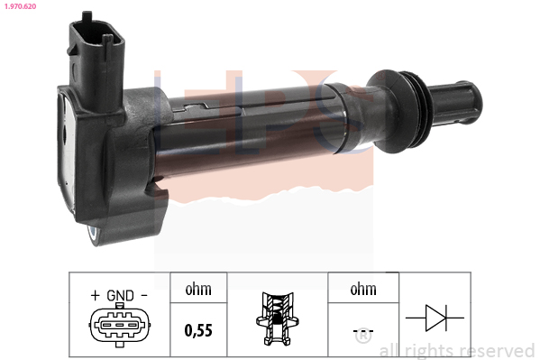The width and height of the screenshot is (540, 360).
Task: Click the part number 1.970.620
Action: point(21,6)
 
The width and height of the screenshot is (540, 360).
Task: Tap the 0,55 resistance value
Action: point(198,330)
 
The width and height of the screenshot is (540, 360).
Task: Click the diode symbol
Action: point(435,318)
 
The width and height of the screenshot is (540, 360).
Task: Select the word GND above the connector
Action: point(120,296)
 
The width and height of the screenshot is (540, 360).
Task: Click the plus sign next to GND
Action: point(95,295)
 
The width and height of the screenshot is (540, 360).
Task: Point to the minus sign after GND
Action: point(144,295)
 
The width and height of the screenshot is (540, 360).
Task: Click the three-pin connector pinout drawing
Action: point(120,325)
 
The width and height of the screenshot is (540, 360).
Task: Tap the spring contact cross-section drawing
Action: point(278,318)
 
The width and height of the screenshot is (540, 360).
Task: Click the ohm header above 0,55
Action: point(198,289)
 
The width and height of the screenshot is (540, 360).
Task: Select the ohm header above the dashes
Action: point(363,289)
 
